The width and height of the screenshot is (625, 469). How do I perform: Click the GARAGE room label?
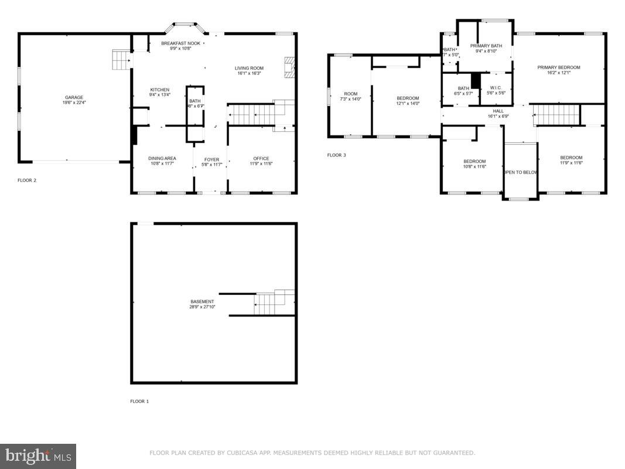coord(74,97)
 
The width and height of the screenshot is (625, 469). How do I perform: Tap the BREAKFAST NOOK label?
coord(180,43)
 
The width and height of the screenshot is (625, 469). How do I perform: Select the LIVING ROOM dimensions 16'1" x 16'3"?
coord(250,74)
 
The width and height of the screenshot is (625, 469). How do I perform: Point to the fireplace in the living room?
coord(289,67)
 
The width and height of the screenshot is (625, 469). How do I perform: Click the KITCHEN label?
coord(159,90)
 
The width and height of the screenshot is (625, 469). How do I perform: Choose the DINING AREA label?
coord(162,158)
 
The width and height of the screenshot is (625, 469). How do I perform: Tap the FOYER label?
coord(211,159)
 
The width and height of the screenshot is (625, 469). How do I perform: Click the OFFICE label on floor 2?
coord(261,158)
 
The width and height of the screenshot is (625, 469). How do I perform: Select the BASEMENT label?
coord(202,301)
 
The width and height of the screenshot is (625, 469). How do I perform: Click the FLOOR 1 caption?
coord(139,402)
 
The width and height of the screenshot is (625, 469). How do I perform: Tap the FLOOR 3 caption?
coord(336,155)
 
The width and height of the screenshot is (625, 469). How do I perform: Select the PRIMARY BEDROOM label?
coord(559,67)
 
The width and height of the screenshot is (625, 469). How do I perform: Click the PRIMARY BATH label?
coord(486,46)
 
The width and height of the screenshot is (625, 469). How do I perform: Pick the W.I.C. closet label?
coord(496,88)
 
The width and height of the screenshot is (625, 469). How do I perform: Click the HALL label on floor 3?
coord(498,111)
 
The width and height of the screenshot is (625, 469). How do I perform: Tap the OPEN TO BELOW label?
coord(521,172)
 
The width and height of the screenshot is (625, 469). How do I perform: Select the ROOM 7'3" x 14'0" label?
coord(350,94)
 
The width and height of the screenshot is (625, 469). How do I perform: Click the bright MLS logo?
coord(38,456)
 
